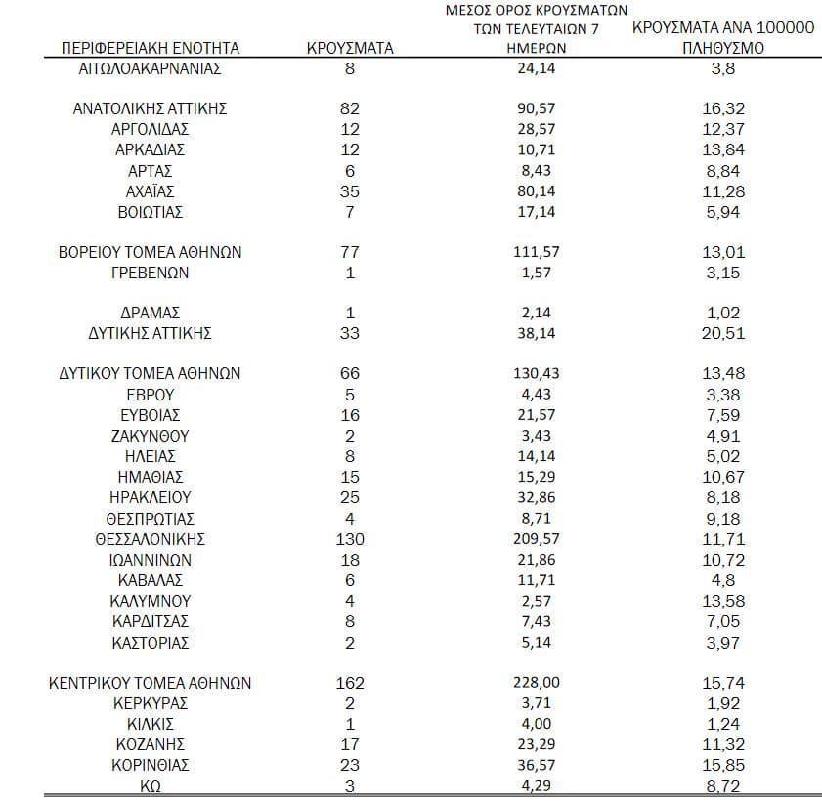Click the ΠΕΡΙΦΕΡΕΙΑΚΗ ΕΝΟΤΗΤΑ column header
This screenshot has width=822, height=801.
coord(150,47)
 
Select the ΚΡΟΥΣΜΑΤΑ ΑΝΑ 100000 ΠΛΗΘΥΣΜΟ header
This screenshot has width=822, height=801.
coord(723,37)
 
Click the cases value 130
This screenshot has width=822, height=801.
coord(350,539)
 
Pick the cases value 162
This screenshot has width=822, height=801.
coord(350,683)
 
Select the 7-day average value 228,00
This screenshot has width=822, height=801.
coord(539,683)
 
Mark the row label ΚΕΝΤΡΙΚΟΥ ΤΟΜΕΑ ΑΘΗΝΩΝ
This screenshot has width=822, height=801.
coord(151,683)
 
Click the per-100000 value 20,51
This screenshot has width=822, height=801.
coord(723,333)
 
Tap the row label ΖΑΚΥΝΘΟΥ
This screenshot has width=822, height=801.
coord(151,436)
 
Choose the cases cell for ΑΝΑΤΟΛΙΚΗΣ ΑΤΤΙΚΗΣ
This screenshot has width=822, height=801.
coord(350,108)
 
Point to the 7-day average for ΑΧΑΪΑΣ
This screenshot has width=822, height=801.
coord(539,190)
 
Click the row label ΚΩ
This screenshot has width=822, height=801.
coord(151,784)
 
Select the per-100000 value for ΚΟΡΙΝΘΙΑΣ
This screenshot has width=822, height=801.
coord(723,764)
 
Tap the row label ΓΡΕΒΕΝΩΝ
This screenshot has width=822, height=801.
coord(151,273)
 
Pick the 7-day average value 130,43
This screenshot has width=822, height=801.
coord(539,373)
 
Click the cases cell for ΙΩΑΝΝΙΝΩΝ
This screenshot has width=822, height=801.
coord(350,560)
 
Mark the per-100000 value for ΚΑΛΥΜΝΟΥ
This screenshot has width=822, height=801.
coord(723,601)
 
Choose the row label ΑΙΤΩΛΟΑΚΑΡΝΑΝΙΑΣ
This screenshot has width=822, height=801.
coord(151,68)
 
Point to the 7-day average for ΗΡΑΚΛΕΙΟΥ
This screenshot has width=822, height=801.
coord(539,497)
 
